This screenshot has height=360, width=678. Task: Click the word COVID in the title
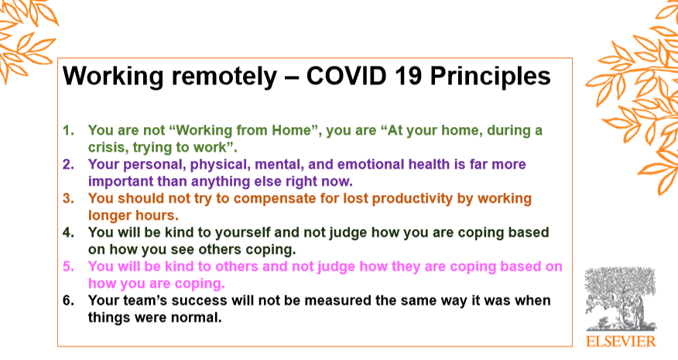click(x=346, y=76)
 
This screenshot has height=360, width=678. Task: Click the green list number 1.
click(x=68, y=130)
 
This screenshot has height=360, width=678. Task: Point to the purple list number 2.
click(x=68, y=164)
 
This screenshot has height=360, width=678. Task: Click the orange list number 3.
click(x=68, y=199)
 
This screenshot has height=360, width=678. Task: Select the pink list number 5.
click(x=68, y=266)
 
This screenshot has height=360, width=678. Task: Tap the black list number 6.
click(x=68, y=300)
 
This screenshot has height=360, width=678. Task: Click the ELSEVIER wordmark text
click(x=621, y=341)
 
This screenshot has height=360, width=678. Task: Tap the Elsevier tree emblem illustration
click(x=621, y=299)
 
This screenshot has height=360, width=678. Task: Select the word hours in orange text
click(x=157, y=215)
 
